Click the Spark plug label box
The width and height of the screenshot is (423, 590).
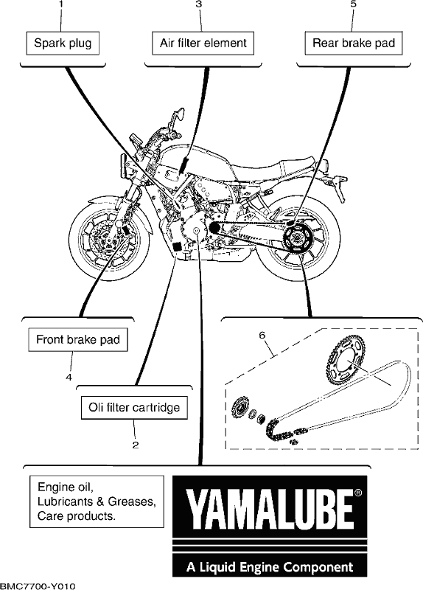point(63,44)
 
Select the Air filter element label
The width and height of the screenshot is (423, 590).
point(203,44)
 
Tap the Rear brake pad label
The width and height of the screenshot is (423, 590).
point(354,44)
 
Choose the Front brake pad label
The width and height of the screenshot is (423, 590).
point(78,340)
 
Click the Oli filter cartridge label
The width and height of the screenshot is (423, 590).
point(134,408)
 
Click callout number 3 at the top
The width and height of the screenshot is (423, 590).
point(199,4)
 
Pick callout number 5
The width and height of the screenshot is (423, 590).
point(354,4)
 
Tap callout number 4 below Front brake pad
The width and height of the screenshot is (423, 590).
point(69,377)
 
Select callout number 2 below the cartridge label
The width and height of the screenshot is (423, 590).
point(136,445)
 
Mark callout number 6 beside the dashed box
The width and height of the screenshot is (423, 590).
point(262,335)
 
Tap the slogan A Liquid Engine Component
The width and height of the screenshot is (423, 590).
point(270,566)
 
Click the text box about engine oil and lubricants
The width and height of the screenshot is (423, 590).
point(97,502)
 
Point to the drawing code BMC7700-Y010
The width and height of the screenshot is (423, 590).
point(38,586)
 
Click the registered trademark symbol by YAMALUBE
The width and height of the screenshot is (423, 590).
point(358,493)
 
